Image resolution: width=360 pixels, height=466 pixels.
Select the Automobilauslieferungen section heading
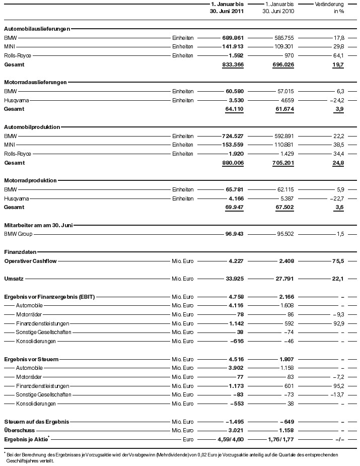(37, 29)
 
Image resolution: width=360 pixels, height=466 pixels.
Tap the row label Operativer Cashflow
(31, 261)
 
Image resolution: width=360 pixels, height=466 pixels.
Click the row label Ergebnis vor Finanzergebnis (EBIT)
(49, 297)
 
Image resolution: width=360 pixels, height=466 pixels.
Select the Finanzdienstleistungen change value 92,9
(336, 323)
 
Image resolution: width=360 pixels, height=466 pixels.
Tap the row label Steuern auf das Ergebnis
(36, 421)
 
